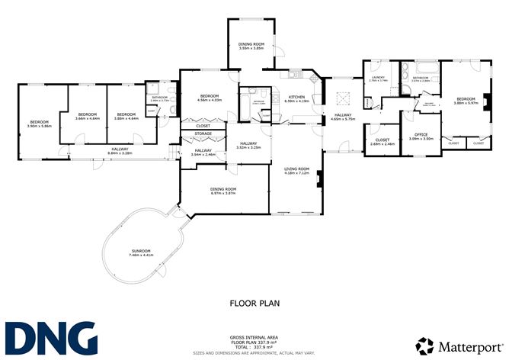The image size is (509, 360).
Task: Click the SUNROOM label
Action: [x=141, y=251]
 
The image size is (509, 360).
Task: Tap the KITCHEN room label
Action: [x=296, y=97]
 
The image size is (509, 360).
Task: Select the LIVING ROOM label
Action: [x=296, y=169]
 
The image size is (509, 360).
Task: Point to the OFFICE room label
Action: [x=421, y=134]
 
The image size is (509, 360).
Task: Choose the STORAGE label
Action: [x=203, y=133]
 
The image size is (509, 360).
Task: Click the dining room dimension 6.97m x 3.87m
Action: [x=223, y=194]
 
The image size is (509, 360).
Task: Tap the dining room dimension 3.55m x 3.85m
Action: [x=251, y=48]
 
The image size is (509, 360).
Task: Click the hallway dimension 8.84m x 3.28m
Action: [x=120, y=153]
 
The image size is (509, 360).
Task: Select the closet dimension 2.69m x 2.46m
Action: [x=383, y=144]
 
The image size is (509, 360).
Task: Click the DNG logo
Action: [x=51, y=338]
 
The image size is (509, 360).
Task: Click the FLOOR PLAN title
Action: [x=254, y=304]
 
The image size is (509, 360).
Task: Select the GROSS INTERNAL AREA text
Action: [x=255, y=336]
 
